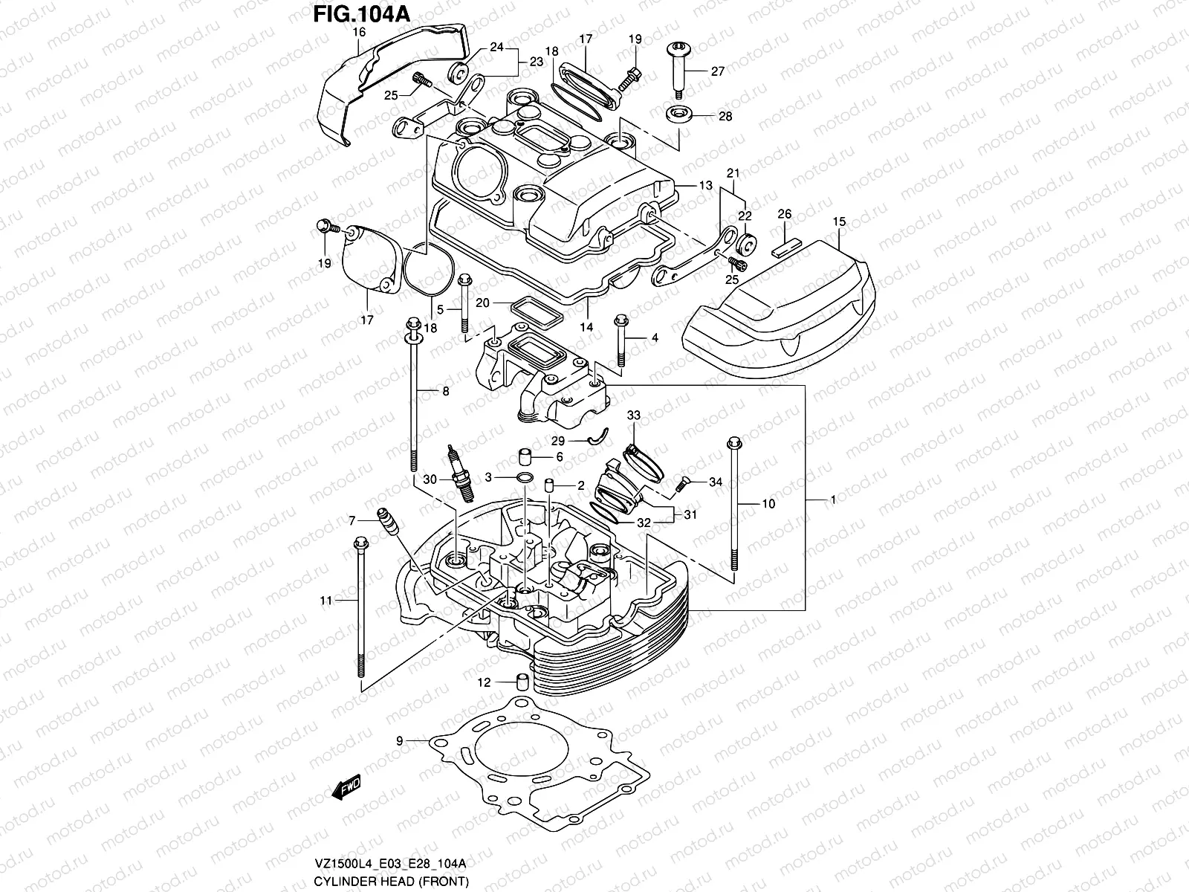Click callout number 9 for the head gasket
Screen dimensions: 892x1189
point(399,740)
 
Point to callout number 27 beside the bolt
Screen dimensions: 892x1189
point(717,72)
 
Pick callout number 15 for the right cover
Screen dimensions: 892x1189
point(839,222)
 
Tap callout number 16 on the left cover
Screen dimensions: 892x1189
point(359,32)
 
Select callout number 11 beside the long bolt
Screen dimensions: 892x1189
point(325,601)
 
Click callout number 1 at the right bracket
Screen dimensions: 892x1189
point(834,500)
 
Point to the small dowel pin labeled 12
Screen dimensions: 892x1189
point(522,682)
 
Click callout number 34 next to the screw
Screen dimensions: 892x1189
point(715,482)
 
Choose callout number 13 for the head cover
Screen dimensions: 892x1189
point(705,185)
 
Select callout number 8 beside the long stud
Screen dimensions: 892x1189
point(446,391)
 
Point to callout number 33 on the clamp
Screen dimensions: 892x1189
point(633,414)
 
